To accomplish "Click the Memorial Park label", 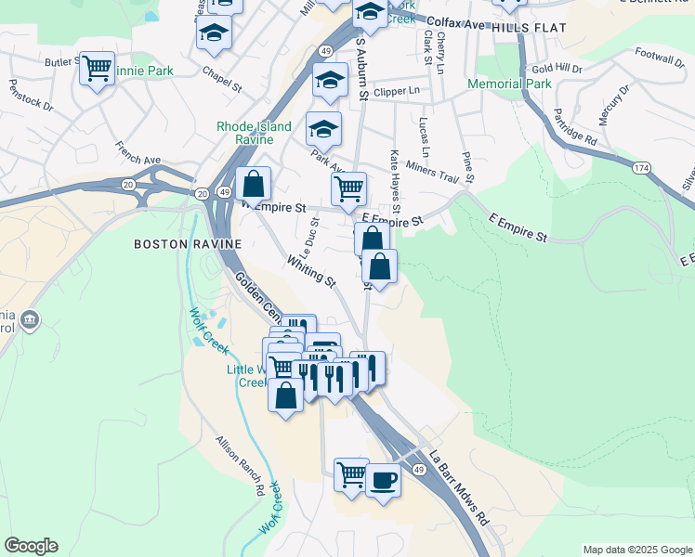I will point(509,84).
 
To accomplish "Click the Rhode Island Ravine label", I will point(254,133).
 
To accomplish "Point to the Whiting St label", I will point(311,271).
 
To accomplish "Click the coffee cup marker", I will point(383,481).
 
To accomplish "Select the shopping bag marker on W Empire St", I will point(253,184).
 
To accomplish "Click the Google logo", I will point(31,546).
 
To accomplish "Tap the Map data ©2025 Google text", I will point(636,550).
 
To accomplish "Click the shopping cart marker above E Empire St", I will point(348,188).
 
